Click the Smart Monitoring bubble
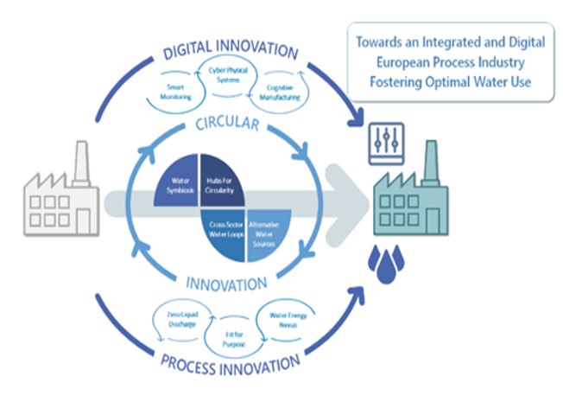coord(179,93)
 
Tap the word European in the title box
coord(401,62)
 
